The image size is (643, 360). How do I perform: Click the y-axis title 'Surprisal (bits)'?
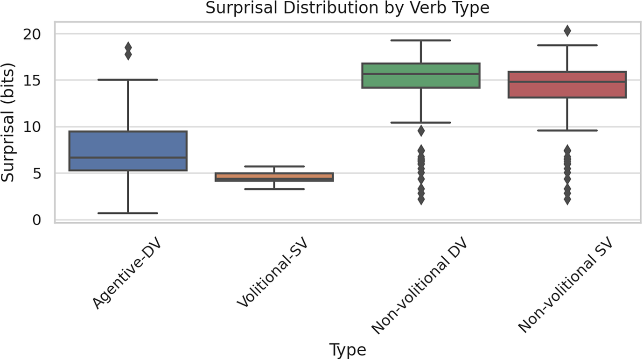(x=8, y=123)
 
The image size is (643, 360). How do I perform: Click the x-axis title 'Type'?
(x=347, y=350)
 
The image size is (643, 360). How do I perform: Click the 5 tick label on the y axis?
(x=38, y=173)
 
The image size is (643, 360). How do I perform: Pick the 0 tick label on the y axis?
(x=38, y=219)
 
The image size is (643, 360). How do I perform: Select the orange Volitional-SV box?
(x=274, y=176)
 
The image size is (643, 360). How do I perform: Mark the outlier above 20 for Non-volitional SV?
(x=567, y=31)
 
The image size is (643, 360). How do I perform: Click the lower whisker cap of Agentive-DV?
(x=128, y=213)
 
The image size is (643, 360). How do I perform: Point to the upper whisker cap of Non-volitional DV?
(x=420, y=40)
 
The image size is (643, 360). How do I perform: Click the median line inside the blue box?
(x=128, y=157)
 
